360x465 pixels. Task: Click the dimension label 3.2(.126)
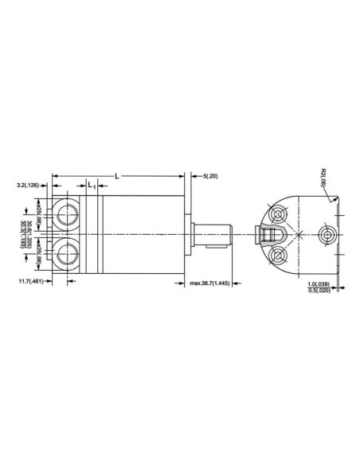[31, 185]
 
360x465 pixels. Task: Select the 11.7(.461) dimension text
[30, 281]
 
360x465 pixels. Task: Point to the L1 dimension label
[92, 186]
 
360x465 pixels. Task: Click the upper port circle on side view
[65, 213]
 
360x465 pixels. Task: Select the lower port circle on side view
[65, 254]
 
